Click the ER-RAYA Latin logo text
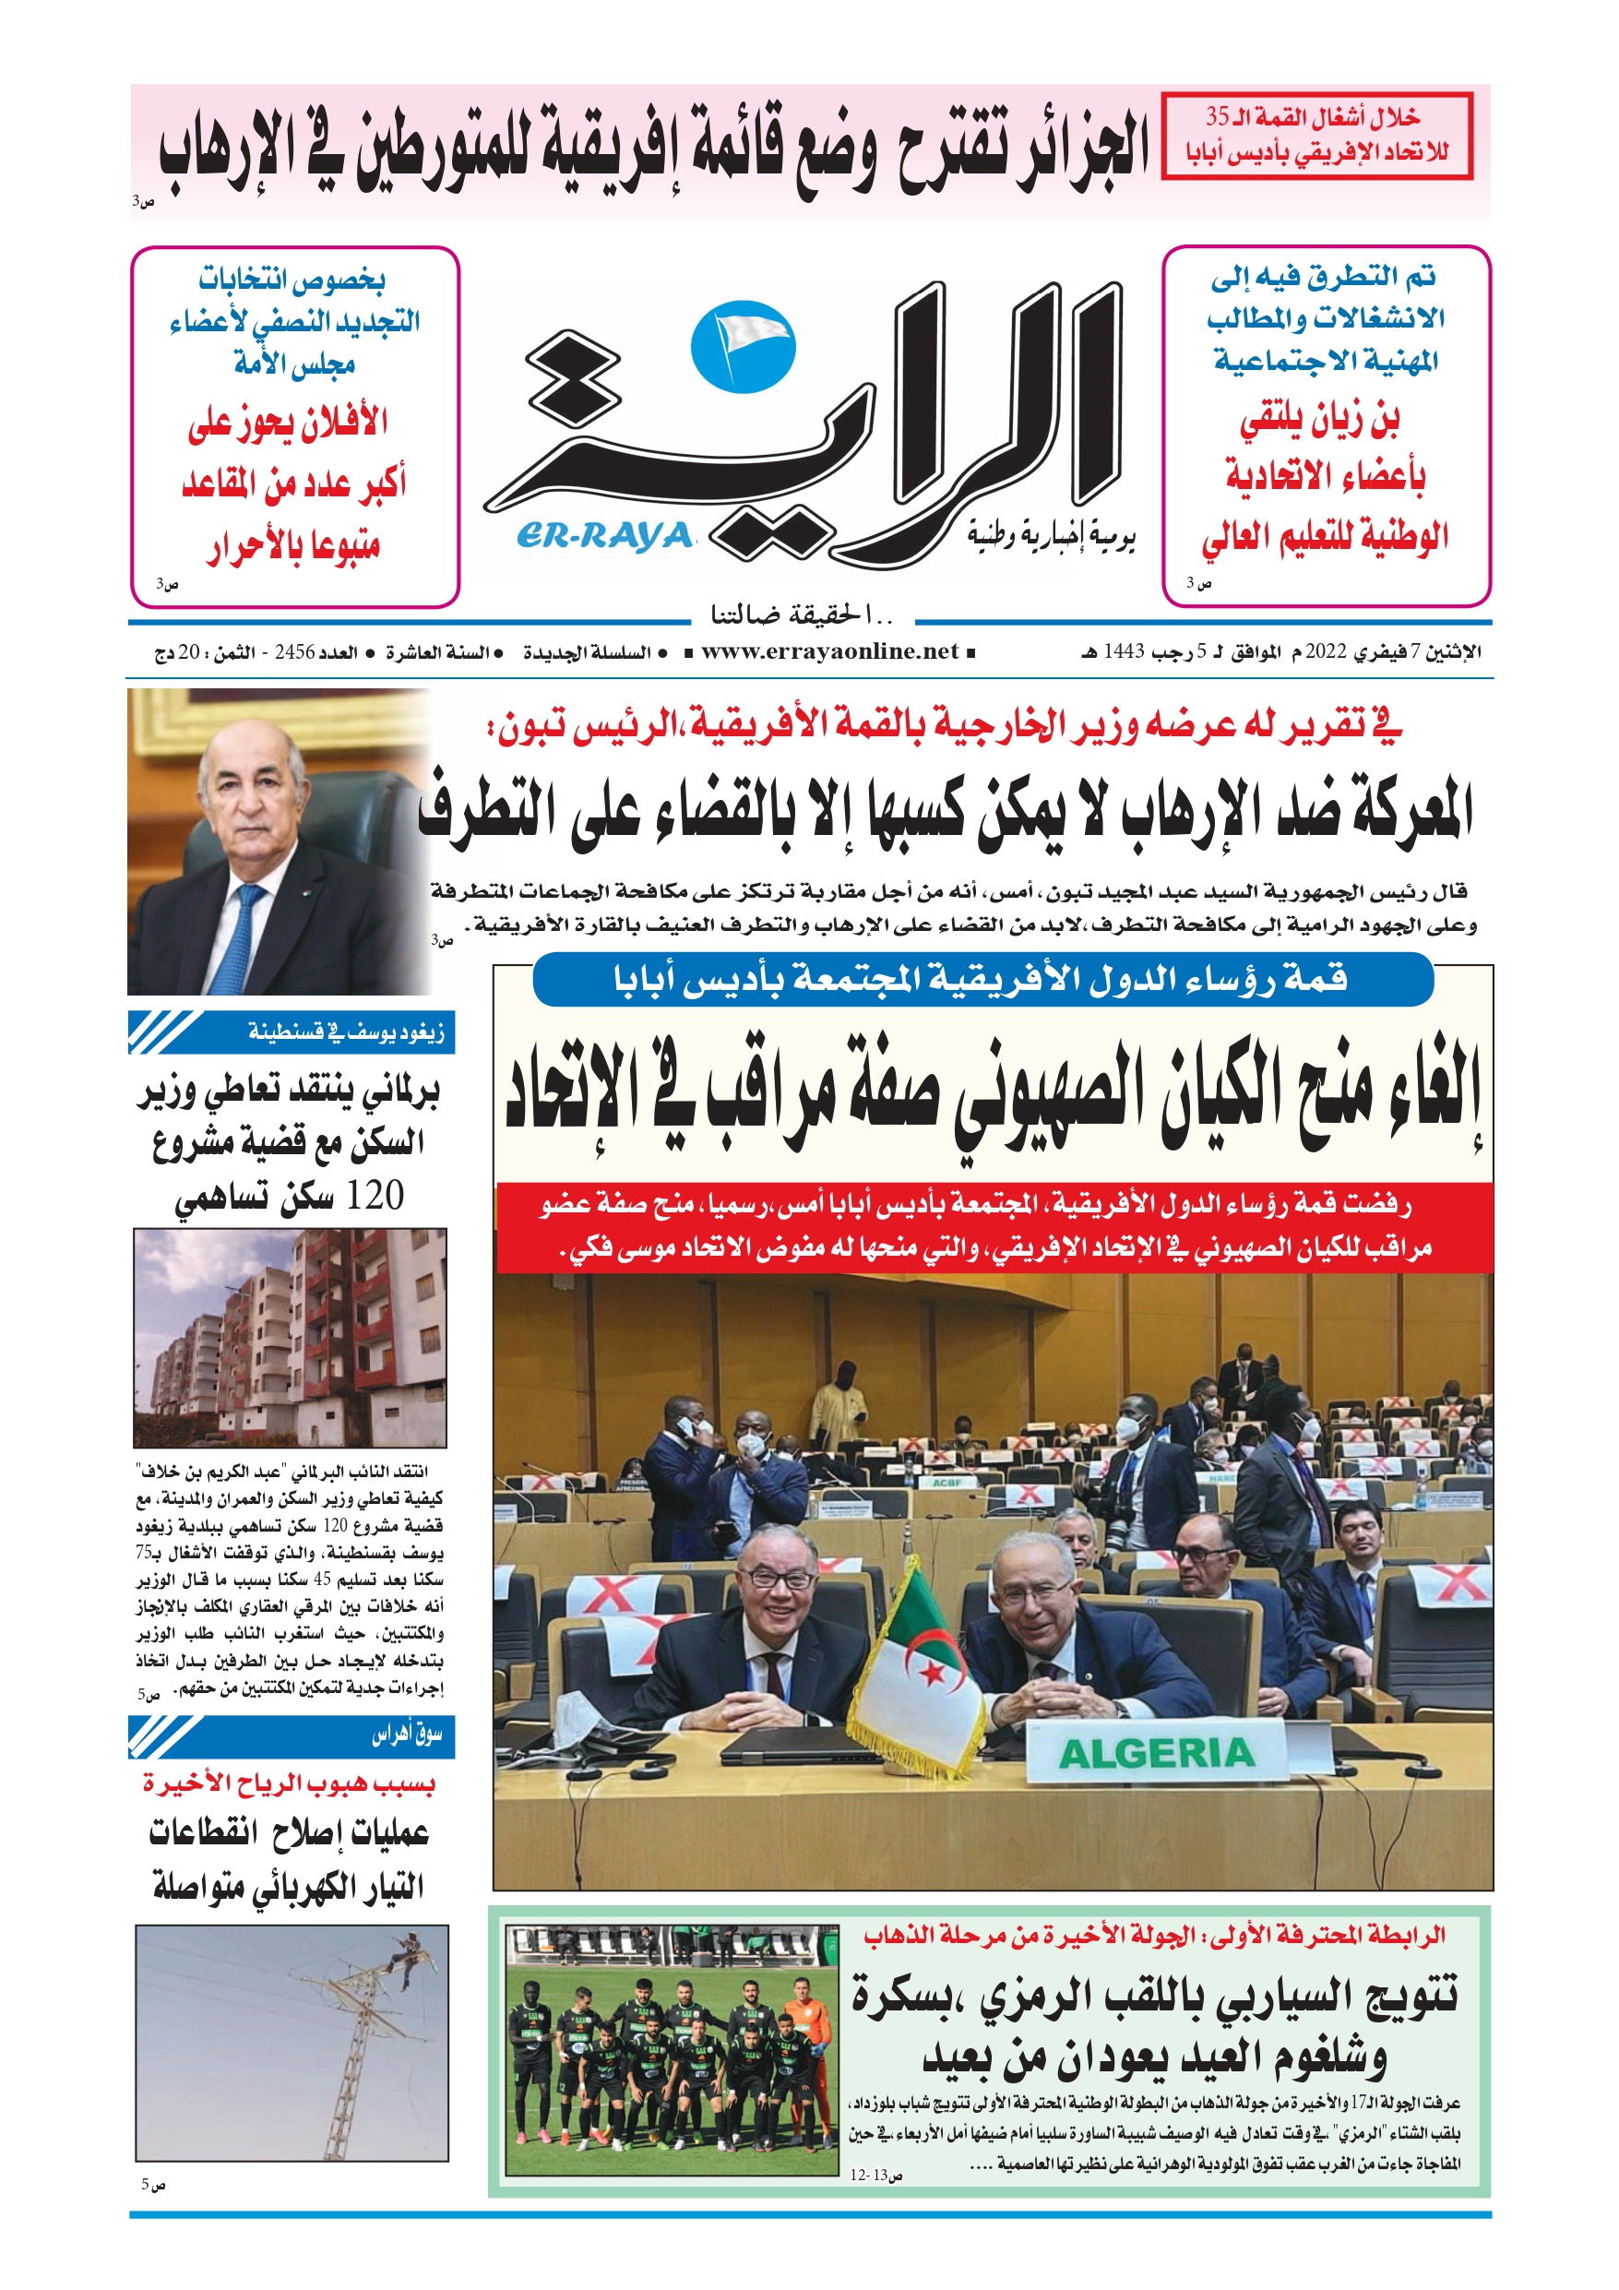pyautogui.click(x=604, y=536)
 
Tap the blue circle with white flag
pyautogui.click(x=744, y=347)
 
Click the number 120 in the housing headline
pyautogui.click(x=374, y=1195)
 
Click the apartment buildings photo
pyautogui.click(x=290, y=1337)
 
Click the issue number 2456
pyautogui.click(x=295, y=653)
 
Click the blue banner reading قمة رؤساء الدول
pyautogui.click(x=982, y=980)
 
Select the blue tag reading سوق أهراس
pyautogui.click(x=292, y=1736)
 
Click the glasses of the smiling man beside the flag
pyautogui.click(x=780, y=1579)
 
